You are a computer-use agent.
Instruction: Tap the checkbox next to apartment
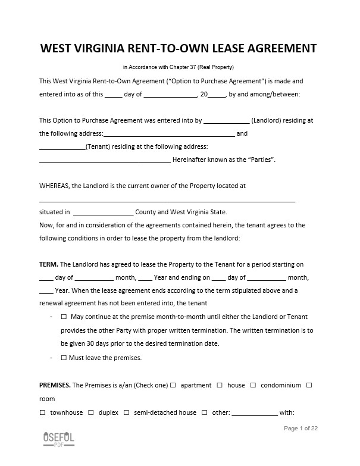pos(173,385)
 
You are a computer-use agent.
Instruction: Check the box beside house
pos(220,385)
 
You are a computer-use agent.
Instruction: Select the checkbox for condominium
pos(253,385)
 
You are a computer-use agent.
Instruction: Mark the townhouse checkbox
pos(42,412)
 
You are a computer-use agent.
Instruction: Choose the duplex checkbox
pos(91,412)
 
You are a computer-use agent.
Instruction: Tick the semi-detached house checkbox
pos(126,412)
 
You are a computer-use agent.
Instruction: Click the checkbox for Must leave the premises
pos(64,358)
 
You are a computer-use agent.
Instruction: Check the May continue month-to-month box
pos(64,317)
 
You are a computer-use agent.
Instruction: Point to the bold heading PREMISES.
pos(55,385)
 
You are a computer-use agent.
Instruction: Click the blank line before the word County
pos(103,212)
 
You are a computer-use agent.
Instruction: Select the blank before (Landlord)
pos(226,120)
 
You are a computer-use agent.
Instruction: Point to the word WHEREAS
pos(55,186)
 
